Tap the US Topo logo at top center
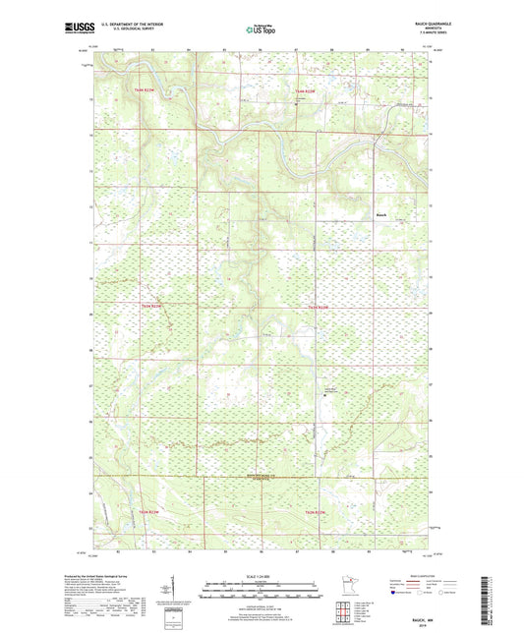261,29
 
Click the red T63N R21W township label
304,90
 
